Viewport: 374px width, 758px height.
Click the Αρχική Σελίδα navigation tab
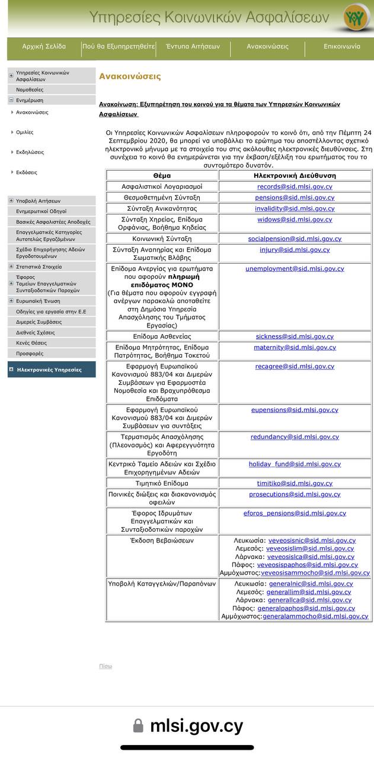click(x=44, y=46)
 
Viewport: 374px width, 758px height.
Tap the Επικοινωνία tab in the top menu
click(x=341, y=46)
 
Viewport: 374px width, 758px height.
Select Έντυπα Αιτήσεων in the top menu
click(x=193, y=46)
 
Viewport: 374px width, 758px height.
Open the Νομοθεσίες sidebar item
click(x=30, y=89)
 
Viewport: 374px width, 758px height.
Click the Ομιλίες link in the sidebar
click(x=25, y=132)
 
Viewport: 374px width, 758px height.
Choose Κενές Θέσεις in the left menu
click(x=31, y=343)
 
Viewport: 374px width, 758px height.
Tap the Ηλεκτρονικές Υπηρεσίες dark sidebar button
click(x=49, y=370)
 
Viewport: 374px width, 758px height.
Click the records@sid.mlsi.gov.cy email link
click(x=295, y=187)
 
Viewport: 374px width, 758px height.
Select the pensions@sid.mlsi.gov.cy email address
click(x=295, y=197)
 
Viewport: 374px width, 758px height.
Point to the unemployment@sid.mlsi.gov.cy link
click(x=295, y=268)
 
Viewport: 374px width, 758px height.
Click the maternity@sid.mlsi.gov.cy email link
click(x=295, y=347)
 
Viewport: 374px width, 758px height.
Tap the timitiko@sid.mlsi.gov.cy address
click(x=295, y=483)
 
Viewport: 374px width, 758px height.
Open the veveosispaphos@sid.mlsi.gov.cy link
click(x=307, y=564)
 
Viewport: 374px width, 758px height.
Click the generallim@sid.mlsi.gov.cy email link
click(x=308, y=592)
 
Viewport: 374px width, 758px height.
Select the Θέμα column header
click(x=162, y=175)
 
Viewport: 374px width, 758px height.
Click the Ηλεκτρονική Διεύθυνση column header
click(x=295, y=175)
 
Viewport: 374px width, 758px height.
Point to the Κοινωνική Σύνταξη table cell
click(x=162, y=239)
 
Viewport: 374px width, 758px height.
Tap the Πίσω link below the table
click(x=106, y=666)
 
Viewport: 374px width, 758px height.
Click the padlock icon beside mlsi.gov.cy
click(x=138, y=725)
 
